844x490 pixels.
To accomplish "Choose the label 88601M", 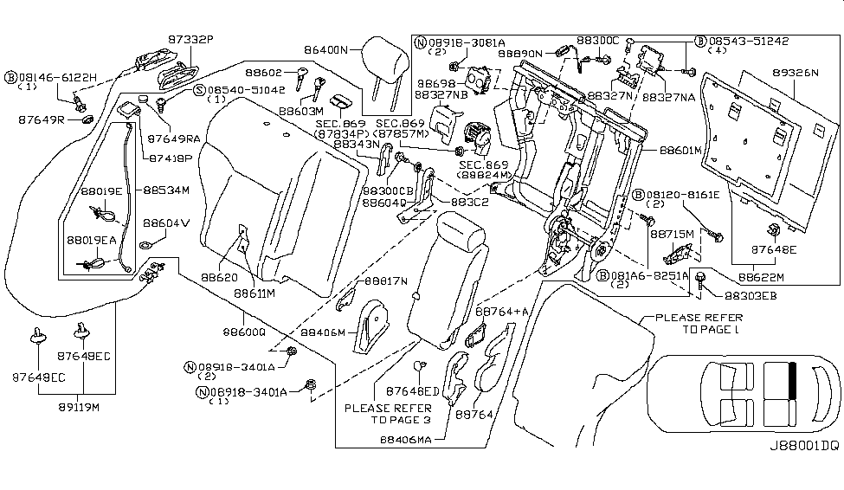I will (x=680, y=151).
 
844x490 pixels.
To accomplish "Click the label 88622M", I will (x=761, y=278).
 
